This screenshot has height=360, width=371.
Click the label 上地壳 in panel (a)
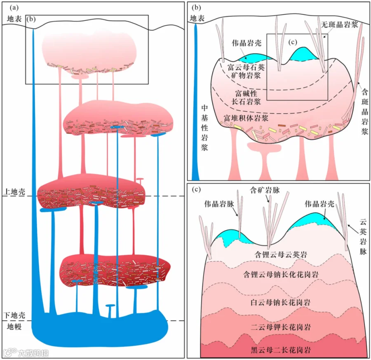[14, 192]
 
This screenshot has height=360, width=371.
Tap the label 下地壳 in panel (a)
[14, 316]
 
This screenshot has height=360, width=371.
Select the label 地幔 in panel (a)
[14, 327]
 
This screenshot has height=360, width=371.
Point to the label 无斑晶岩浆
[340, 24]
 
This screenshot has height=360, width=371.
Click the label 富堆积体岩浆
[246, 118]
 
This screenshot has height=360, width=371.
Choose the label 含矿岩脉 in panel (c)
[265, 190]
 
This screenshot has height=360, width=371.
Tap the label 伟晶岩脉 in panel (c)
[219, 204]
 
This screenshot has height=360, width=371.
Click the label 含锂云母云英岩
[281, 254]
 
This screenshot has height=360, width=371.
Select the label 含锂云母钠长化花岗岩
[281, 274]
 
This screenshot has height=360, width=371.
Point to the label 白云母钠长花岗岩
[281, 302]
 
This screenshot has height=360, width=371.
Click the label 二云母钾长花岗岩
[281, 327]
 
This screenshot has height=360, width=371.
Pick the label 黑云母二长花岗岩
[281, 350]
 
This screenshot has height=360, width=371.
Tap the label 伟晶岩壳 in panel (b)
[247, 43]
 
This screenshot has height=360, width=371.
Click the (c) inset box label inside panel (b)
[293, 42]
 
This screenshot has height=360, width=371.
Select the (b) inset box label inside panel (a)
[31, 19]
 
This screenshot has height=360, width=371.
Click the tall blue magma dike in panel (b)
[195, 102]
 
